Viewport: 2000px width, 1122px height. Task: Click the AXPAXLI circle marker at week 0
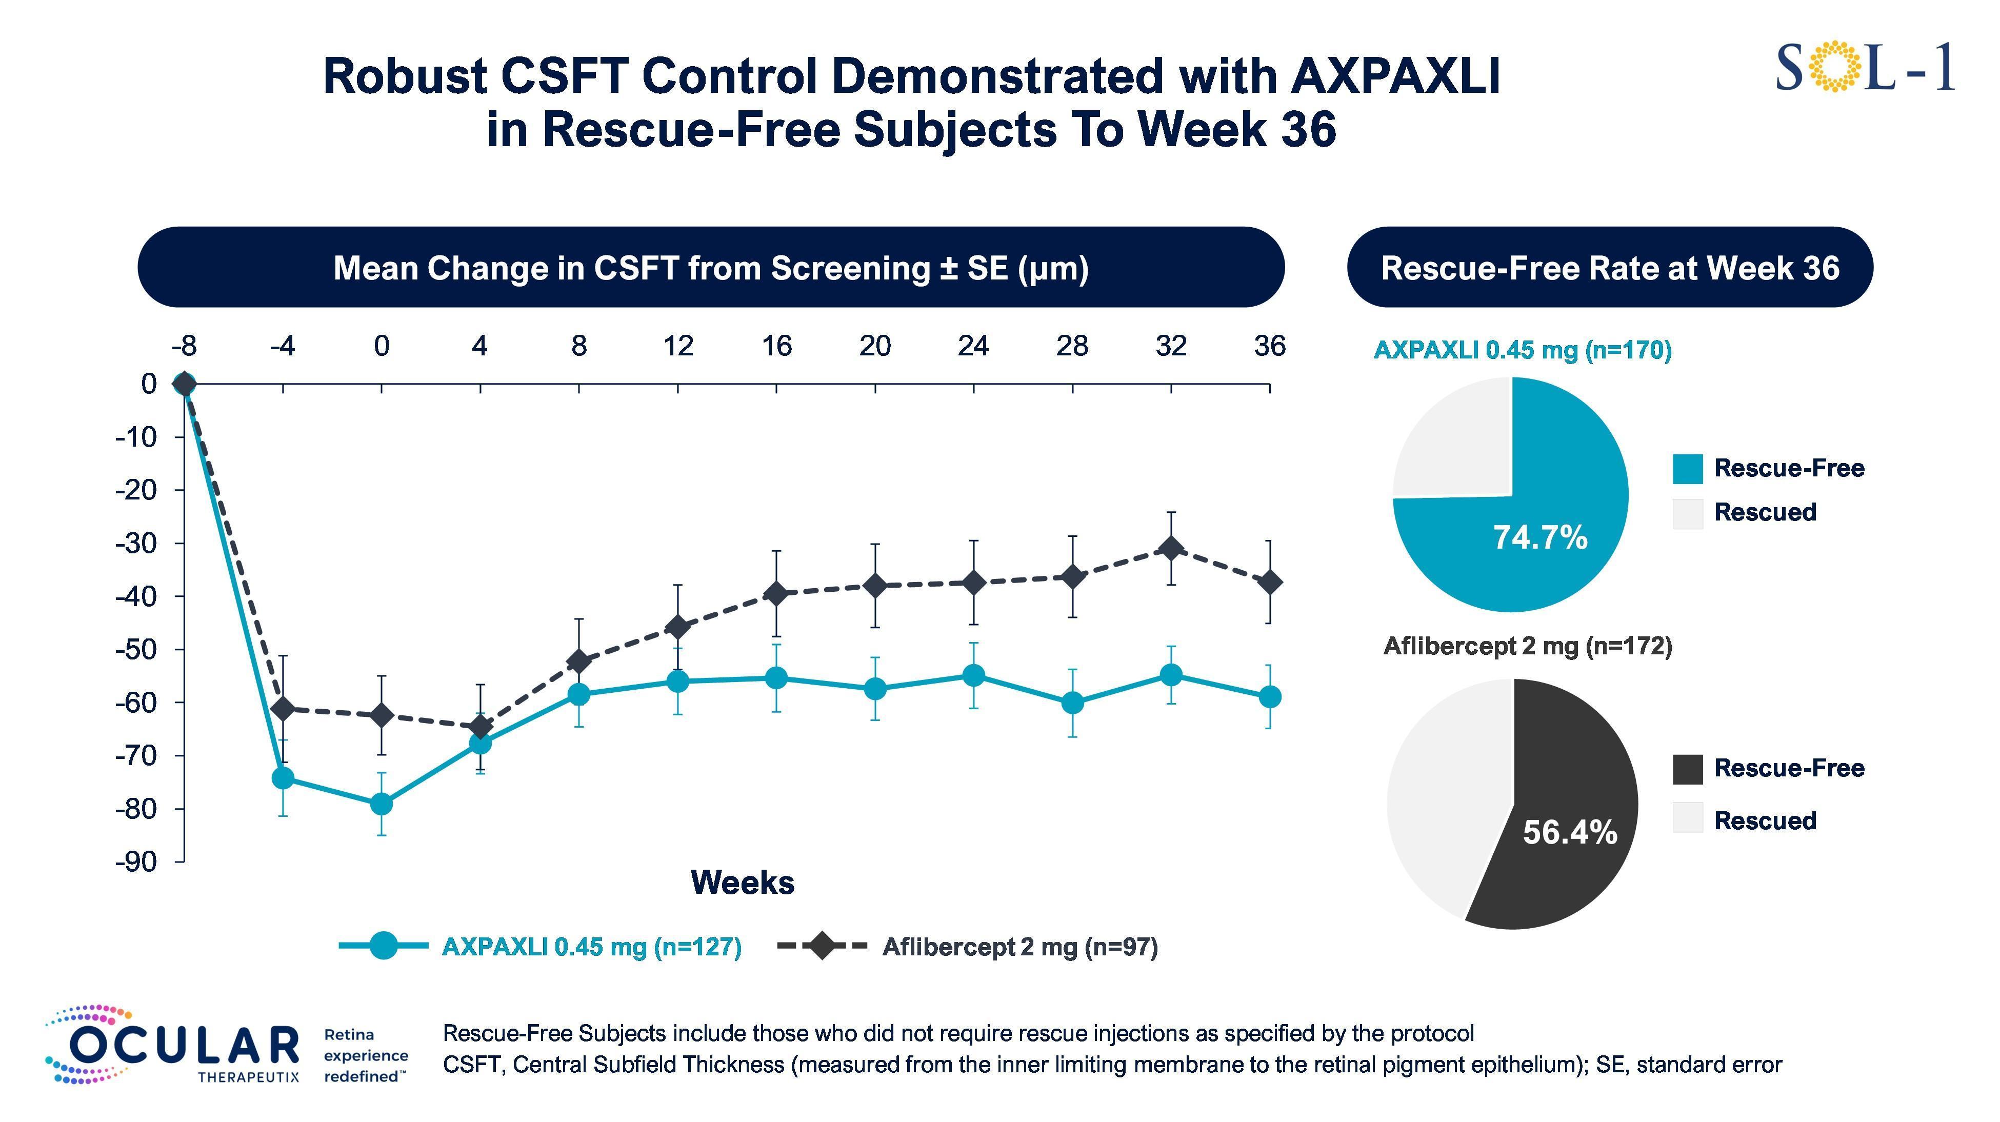coord(381,804)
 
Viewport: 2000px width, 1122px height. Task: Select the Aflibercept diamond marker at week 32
coord(1171,548)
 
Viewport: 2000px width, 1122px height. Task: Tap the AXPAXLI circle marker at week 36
coord(1269,696)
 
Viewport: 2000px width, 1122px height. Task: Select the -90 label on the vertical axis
coord(136,861)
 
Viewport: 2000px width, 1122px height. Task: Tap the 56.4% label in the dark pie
coord(1570,832)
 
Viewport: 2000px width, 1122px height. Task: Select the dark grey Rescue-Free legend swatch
coord(1687,769)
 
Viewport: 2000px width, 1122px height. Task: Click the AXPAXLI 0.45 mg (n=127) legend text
coord(592,947)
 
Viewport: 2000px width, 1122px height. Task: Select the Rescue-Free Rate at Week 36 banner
coord(1609,268)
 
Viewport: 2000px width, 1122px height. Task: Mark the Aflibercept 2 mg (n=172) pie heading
coord(1527,646)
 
